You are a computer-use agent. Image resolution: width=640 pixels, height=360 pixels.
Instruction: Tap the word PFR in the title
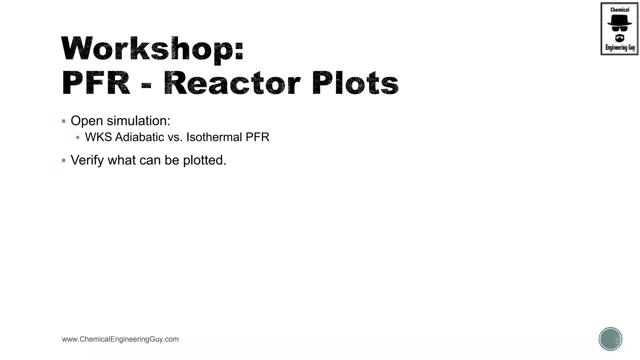coord(96,83)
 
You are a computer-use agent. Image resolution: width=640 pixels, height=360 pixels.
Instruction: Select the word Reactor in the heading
coord(232,83)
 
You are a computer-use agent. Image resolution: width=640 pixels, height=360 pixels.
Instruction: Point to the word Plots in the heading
coord(355,83)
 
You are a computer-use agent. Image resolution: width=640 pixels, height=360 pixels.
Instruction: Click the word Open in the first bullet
coord(87,121)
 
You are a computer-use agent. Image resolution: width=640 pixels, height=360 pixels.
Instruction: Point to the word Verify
coord(87,160)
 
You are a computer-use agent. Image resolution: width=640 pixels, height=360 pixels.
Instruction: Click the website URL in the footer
coord(120,339)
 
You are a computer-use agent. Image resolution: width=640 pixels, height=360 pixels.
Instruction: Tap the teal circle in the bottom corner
coord(610,339)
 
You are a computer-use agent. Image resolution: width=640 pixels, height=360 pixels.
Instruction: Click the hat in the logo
coord(619,21)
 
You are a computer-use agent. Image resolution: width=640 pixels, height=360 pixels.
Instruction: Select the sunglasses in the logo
coord(619,28)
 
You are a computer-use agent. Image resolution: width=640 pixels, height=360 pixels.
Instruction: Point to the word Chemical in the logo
coord(620,10)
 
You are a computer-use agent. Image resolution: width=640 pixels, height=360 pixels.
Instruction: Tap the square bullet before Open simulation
coord(64,121)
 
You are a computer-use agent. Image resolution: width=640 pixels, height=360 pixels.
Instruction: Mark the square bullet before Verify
coord(64,161)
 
